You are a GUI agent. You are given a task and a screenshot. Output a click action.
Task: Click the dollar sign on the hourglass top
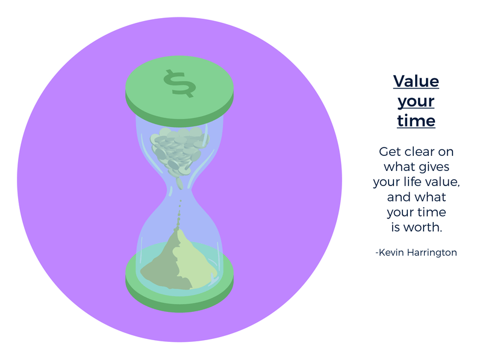(180, 84)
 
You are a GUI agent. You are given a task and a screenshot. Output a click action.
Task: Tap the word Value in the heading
(416, 81)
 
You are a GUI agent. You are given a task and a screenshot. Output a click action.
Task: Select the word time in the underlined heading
(416, 120)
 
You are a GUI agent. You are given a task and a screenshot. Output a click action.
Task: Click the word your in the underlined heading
(416, 102)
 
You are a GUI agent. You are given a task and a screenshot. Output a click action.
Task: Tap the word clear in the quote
(419, 152)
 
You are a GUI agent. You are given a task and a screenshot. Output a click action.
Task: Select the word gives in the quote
(434, 167)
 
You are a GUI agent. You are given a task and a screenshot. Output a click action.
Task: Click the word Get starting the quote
(389, 152)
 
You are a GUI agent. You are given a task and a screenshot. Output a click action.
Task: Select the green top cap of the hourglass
(180, 92)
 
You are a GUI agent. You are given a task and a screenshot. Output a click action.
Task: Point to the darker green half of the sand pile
(164, 268)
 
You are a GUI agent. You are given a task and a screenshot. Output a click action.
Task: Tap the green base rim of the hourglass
(180, 299)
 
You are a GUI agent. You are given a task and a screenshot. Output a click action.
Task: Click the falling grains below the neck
(179, 214)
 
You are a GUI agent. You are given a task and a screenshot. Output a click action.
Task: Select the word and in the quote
(398, 197)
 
